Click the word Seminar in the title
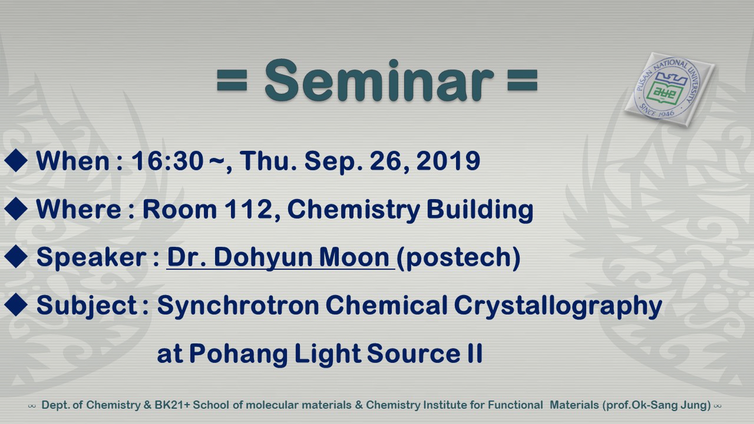tap(379, 81)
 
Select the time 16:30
tap(167, 161)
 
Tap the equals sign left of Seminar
tap(232, 80)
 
